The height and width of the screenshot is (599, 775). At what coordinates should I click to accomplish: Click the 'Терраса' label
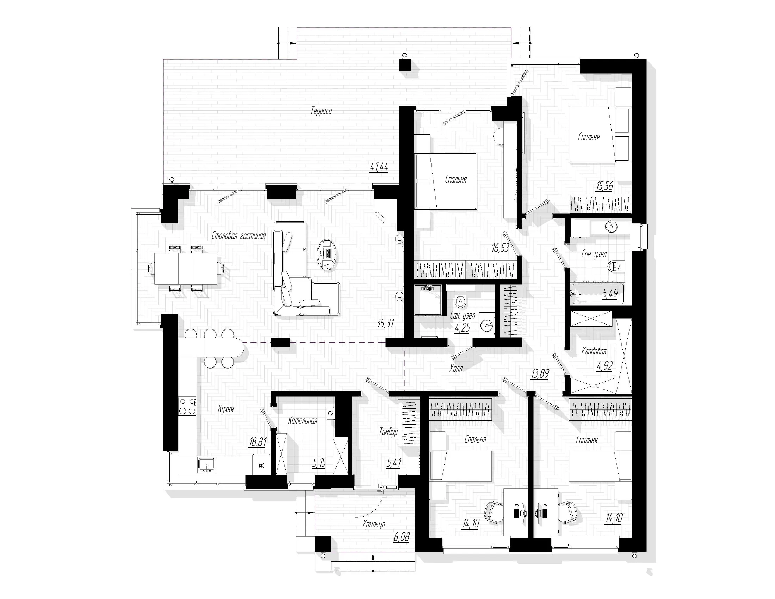[322, 111]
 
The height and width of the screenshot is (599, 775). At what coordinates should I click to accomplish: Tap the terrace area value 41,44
[379, 167]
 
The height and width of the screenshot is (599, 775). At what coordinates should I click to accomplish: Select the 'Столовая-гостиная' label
[239, 235]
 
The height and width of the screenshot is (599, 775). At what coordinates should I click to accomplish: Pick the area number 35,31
[385, 323]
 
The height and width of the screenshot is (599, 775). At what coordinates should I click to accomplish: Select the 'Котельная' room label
[303, 421]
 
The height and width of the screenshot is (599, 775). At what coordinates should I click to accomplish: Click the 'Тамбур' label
[388, 432]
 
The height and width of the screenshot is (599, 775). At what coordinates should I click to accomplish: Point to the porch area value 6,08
[401, 537]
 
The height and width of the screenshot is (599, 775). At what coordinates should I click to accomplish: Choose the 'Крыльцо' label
[374, 524]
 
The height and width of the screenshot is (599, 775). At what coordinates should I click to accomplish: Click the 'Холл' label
[456, 369]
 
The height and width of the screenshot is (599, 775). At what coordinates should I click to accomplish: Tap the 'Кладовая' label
[594, 351]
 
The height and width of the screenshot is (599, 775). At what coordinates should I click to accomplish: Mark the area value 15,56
[604, 186]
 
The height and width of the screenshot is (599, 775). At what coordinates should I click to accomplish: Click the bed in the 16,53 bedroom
[445, 181]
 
